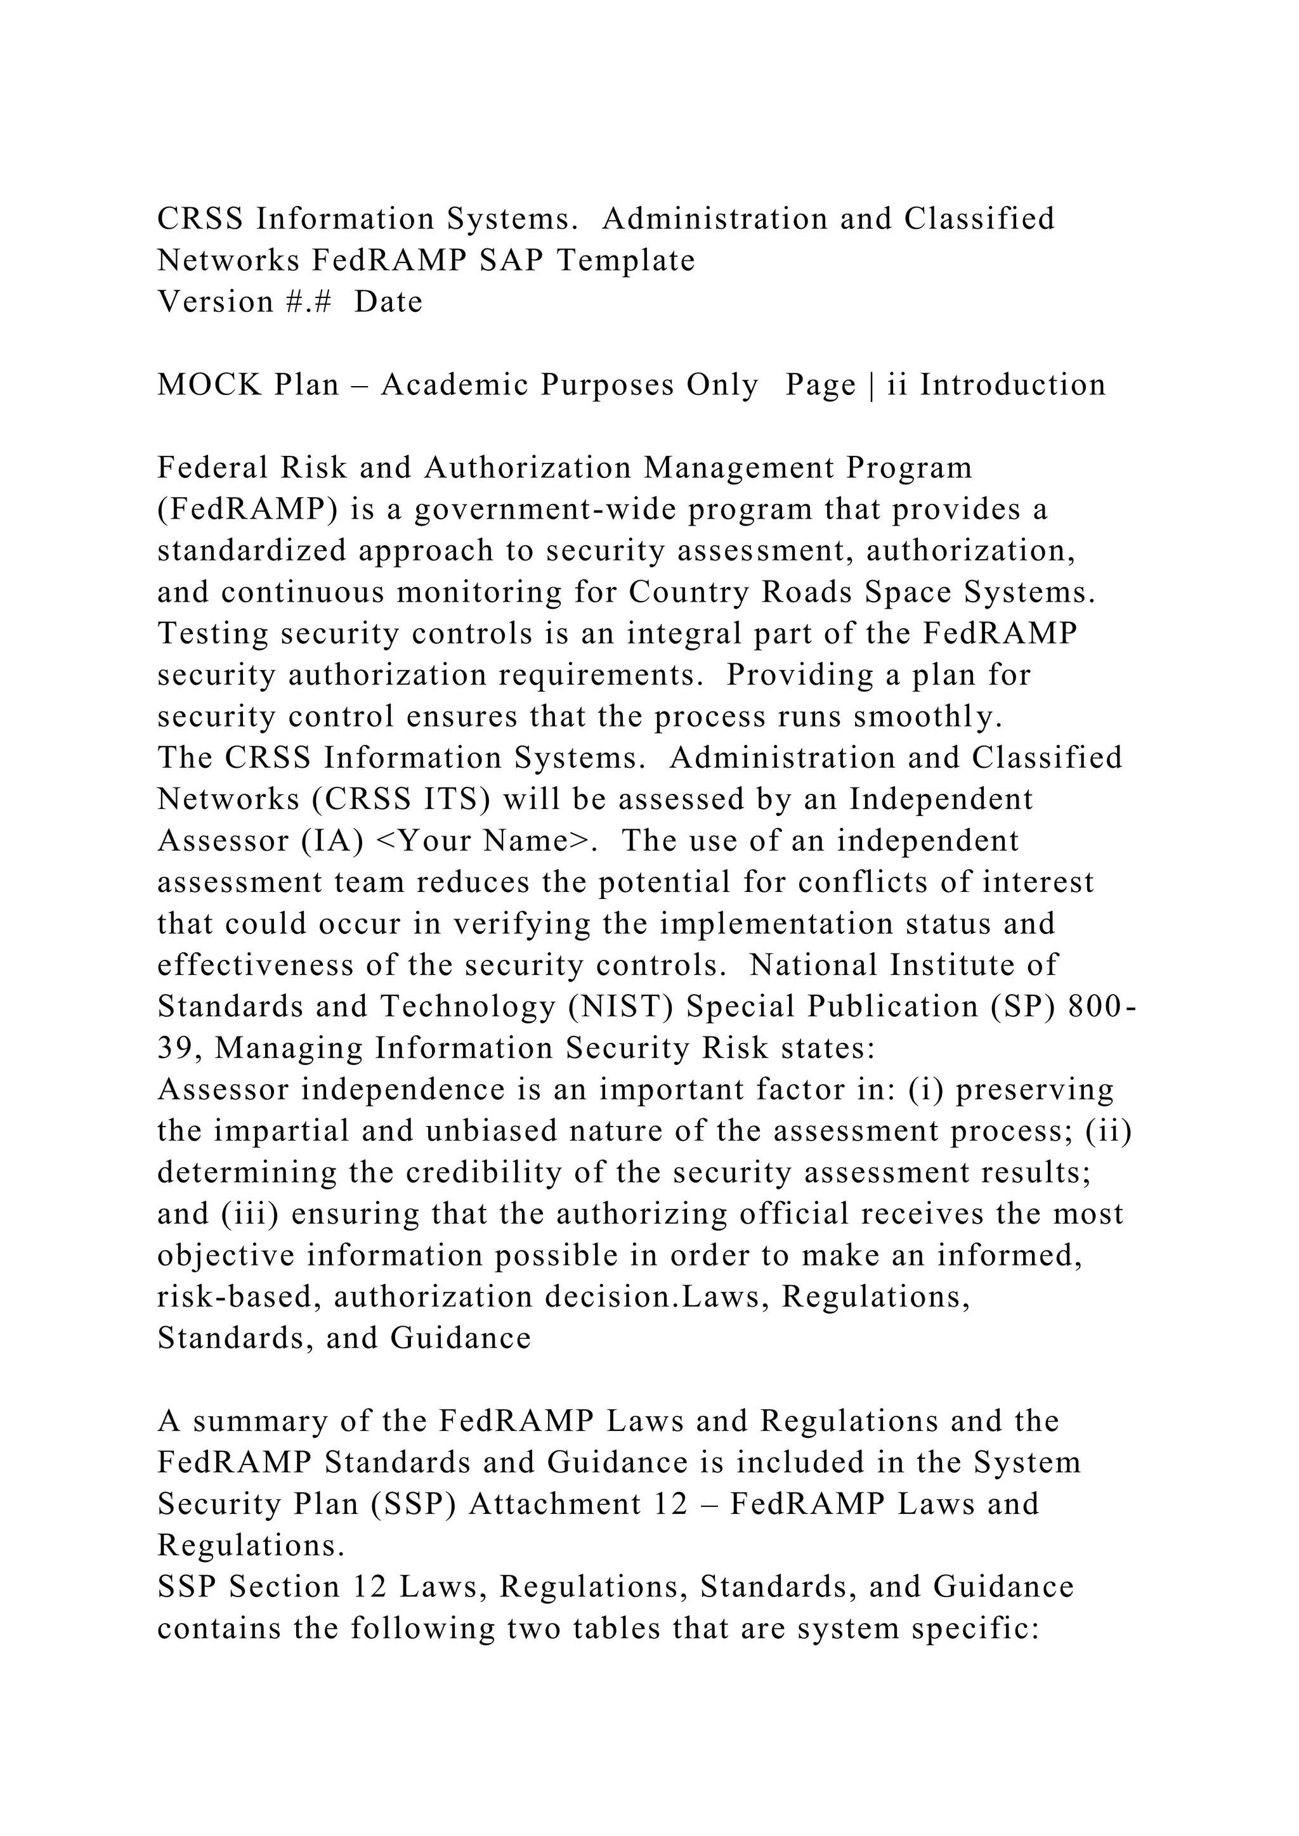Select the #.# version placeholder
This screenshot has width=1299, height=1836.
[x=308, y=302]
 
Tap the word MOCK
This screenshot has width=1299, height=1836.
[x=209, y=385]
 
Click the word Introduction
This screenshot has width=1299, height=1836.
[x=1013, y=385]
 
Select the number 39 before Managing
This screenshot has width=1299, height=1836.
[x=176, y=1049]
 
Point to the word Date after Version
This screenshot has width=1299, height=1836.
[x=388, y=302]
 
